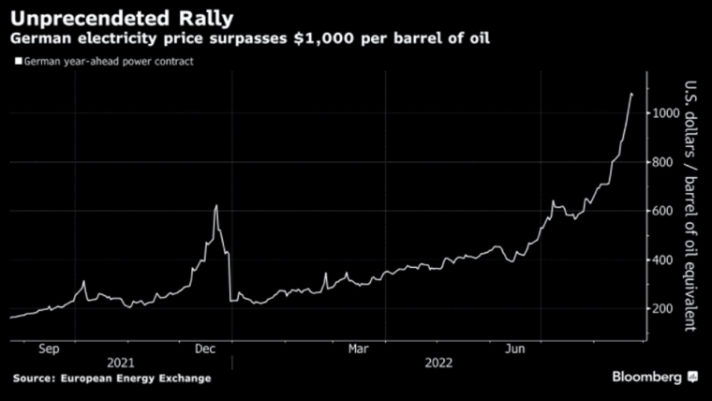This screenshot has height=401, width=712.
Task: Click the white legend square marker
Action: pyautogui.click(x=17, y=62)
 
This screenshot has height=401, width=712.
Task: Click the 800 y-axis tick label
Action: pyautogui.click(x=665, y=162)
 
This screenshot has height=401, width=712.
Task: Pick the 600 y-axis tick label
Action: pyautogui.click(x=665, y=211)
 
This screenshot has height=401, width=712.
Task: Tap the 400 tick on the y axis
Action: pyautogui.click(x=665, y=260)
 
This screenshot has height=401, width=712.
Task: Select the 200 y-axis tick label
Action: pyautogui.click(x=665, y=308)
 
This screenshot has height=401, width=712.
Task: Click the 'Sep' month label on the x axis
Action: pyautogui.click(x=49, y=348)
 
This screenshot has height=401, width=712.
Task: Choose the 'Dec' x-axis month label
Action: pyautogui.click(x=206, y=348)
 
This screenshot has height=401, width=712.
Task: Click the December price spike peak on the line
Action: pyautogui.click(x=216, y=206)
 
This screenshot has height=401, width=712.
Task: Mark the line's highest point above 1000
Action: pyautogui.click(x=631, y=93)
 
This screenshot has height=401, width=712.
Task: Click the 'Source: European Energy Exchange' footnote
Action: pyautogui.click(x=111, y=378)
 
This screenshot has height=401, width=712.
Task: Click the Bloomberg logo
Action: pyautogui.click(x=654, y=377)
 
